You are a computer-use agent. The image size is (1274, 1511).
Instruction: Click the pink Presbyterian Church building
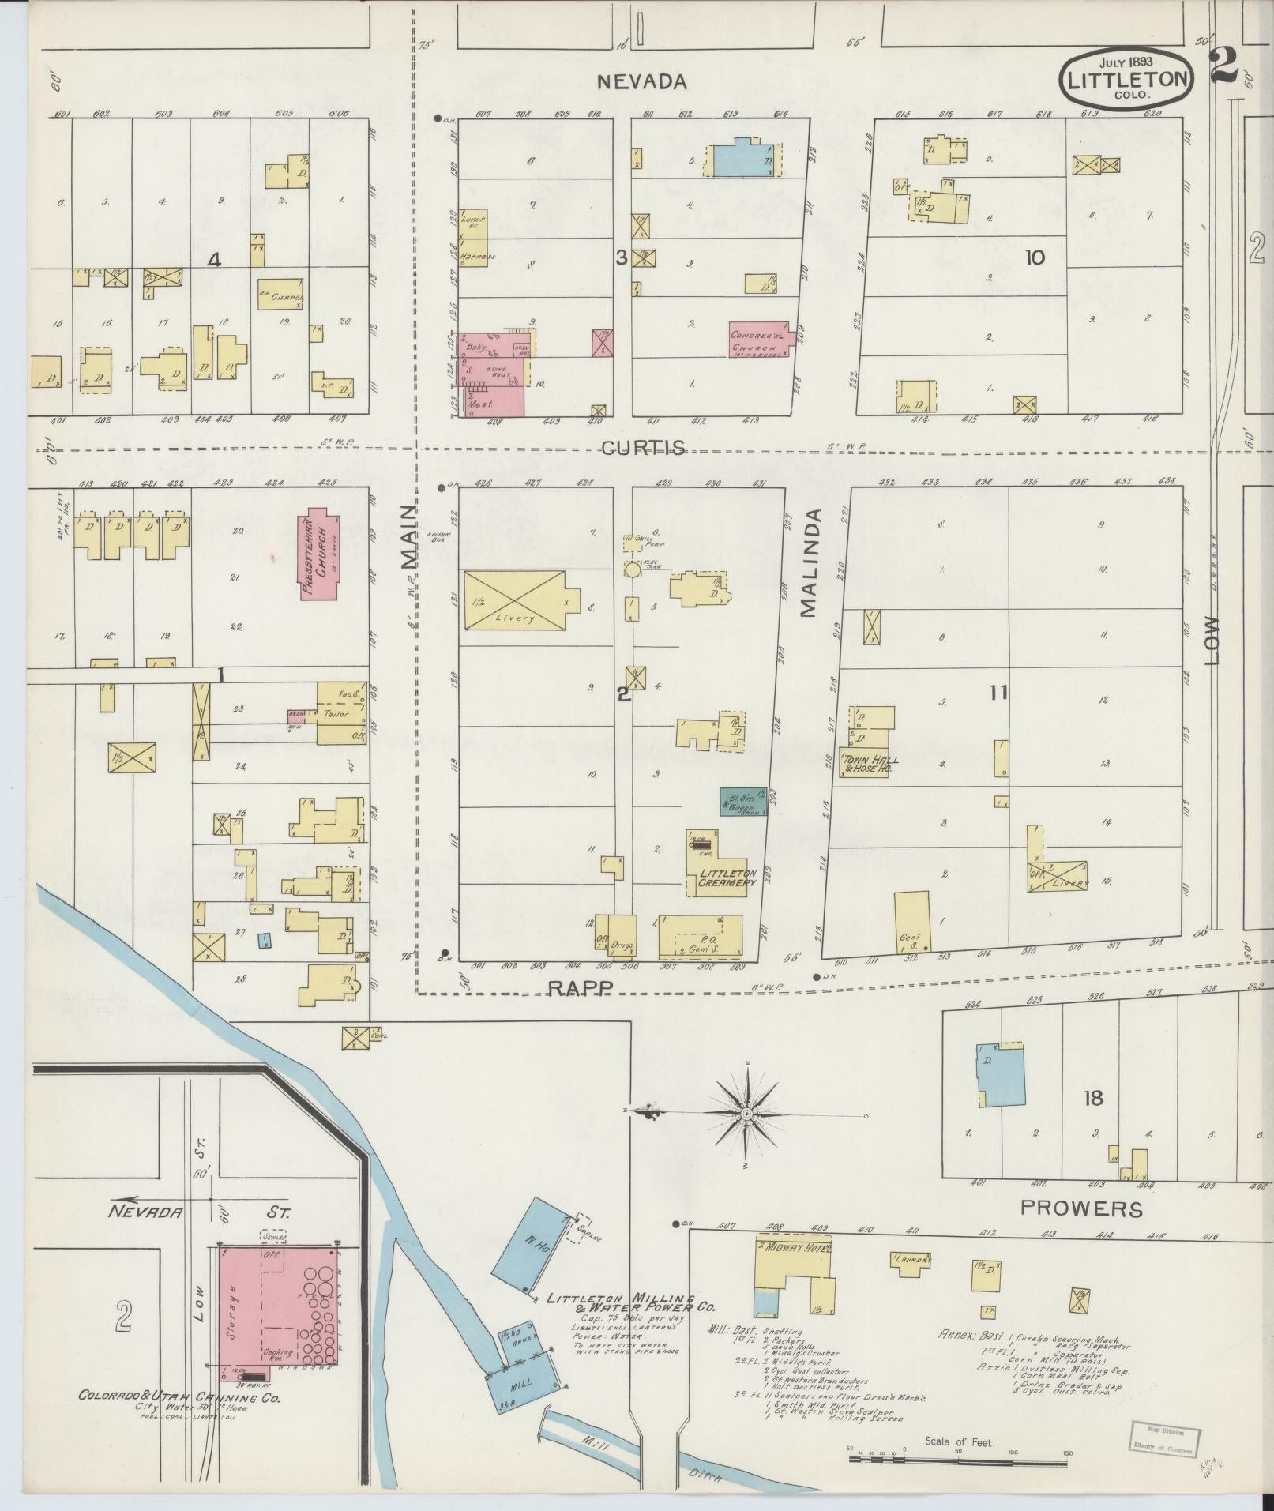[319, 554]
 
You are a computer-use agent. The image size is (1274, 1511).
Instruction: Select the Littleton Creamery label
[727, 877]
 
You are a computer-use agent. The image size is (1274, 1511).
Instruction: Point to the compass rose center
[746, 1111]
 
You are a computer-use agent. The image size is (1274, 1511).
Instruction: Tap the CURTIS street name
[642, 448]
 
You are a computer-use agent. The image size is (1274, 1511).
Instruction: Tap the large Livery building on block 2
[515, 600]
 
